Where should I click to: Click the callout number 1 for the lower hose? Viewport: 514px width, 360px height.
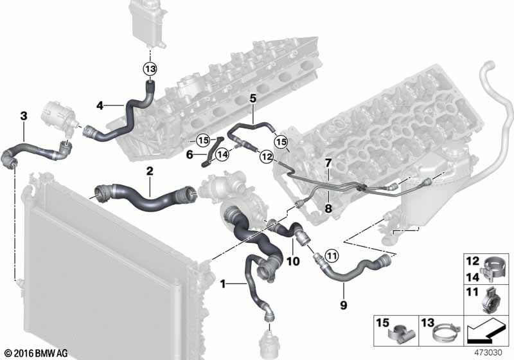(223, 283)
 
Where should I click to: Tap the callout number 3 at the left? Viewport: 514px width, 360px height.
(24, 116)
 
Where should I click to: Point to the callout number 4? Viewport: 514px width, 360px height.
(100, 105)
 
